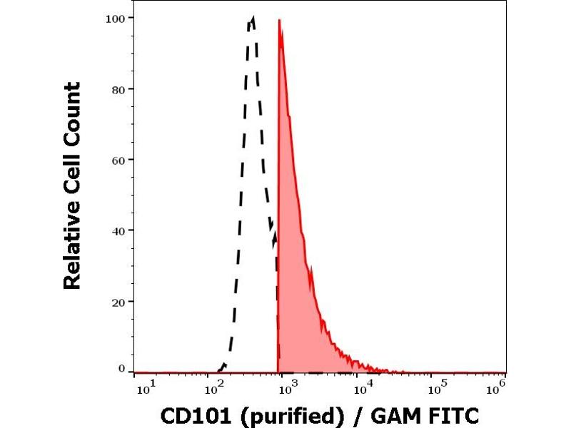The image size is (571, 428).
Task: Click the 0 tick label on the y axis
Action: [x=121, y=369]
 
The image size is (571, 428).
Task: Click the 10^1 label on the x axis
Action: [x=143, y=387]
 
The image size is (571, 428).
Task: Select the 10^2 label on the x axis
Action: [x=214, y=387]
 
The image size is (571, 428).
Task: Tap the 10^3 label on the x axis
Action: [x=286, y=387]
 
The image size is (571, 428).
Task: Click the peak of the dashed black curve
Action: [x=252, y=18]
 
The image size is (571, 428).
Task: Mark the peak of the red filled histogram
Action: [x=279, y=20]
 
